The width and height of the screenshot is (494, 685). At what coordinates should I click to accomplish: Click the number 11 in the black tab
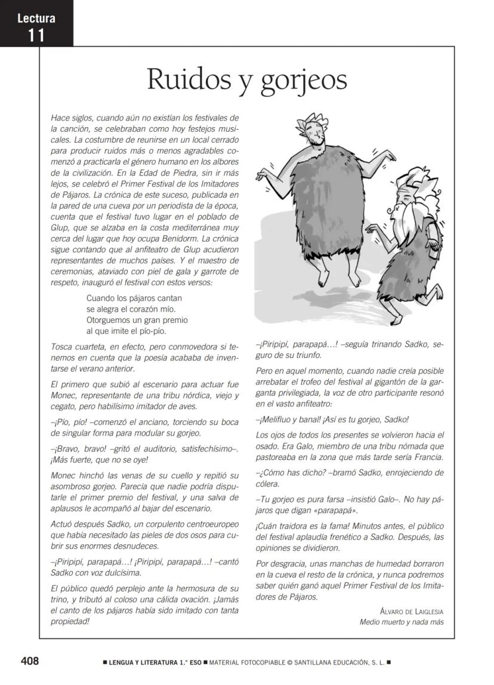click(36, 36)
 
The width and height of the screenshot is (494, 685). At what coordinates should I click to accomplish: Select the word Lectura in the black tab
click(36, 18)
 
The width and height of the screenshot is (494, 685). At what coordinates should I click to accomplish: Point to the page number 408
click(30, 661)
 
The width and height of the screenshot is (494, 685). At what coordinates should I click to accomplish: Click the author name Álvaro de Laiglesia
click(411, 612)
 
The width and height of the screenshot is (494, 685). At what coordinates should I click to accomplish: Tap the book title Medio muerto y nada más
click(402, 622)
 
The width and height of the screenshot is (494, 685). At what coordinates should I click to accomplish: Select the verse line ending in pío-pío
click(126, 331)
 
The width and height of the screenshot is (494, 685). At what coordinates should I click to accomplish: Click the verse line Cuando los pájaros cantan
click(134, 297)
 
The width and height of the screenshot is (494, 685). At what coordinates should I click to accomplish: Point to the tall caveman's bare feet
click(339, 278)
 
